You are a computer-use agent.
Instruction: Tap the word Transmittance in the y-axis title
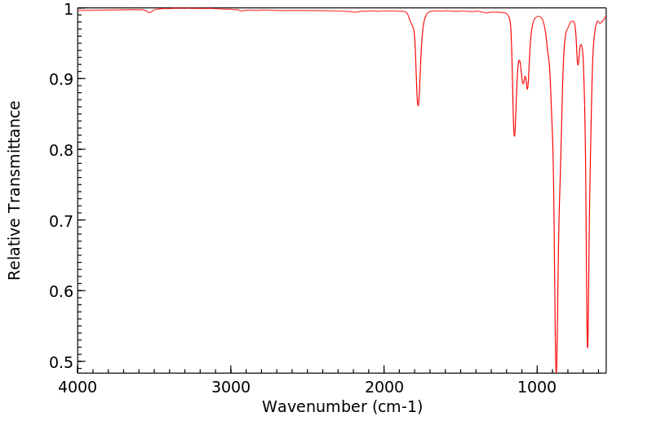tap(15, 159)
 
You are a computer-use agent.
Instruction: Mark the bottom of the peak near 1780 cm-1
tap(418, 105)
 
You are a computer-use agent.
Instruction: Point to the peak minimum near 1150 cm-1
tap(514, 136)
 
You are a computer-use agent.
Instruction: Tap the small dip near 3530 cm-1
tap(149, 13)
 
